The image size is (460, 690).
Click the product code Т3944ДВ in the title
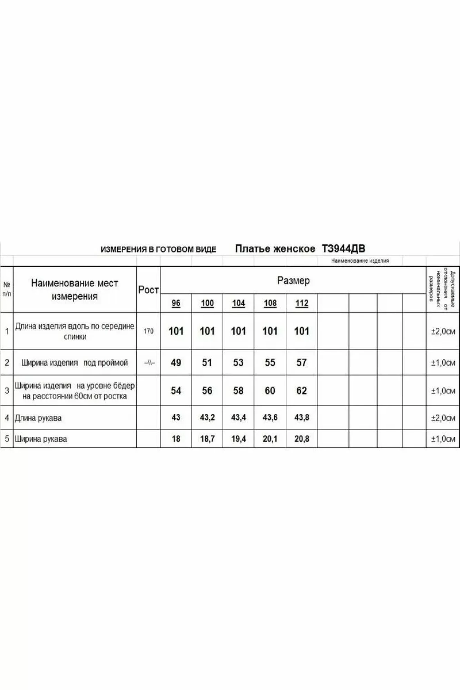click(x=343, y=249)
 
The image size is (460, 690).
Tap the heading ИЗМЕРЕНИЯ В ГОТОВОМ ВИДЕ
click(x=158, y=249)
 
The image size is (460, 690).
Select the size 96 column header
click(x=176, y=303)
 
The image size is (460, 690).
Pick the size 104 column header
click(x=238, y=303)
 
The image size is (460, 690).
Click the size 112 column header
click(x=302, y=303)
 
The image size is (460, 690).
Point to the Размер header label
click(x=293, y=280)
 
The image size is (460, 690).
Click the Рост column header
click(x=148, y=290)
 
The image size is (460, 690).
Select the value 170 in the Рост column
click(x=148, y=331)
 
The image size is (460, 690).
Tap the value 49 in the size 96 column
click(x=176, y=363)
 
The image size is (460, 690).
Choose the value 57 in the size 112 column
click(x=302, y=363)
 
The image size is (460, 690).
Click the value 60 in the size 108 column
click(x=270, y=391)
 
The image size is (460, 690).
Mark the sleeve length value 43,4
click(x=238, y=417)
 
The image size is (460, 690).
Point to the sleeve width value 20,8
click(x=302, y=439)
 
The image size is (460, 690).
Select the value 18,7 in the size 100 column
click(x=207, y=439)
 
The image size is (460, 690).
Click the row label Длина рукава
click(x=38, y=418)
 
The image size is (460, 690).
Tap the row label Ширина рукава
click(x=41, y=439)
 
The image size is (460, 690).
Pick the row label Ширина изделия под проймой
click(x=75, y=363)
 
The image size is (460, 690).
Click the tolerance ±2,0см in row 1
click(x=443, y=332)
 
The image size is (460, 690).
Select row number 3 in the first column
click(x=7, y=391)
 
